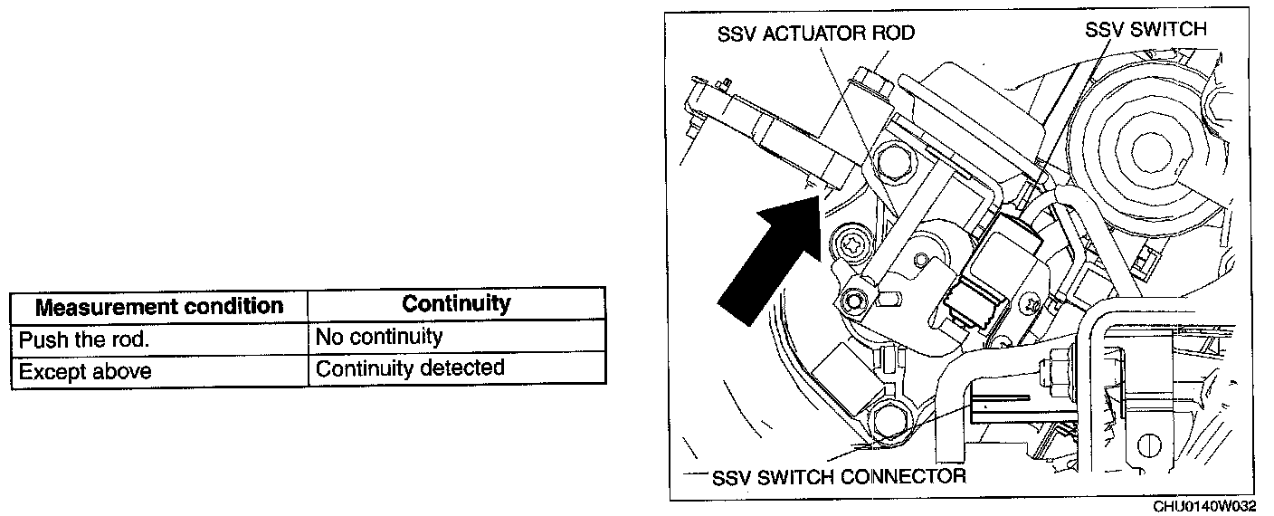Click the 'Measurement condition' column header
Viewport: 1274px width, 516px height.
158,306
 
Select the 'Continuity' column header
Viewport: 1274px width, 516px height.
456,303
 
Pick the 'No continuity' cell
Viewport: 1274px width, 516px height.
378,337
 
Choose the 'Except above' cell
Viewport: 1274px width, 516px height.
85,371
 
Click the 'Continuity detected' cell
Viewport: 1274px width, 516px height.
409,368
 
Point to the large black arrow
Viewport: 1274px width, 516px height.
769,263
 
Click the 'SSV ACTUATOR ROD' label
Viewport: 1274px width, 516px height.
815,34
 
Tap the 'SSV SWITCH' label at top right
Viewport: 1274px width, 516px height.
1146,30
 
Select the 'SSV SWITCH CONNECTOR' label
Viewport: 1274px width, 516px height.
839,476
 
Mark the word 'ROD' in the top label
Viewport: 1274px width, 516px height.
894,34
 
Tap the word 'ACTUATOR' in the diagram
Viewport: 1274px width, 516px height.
814,34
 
